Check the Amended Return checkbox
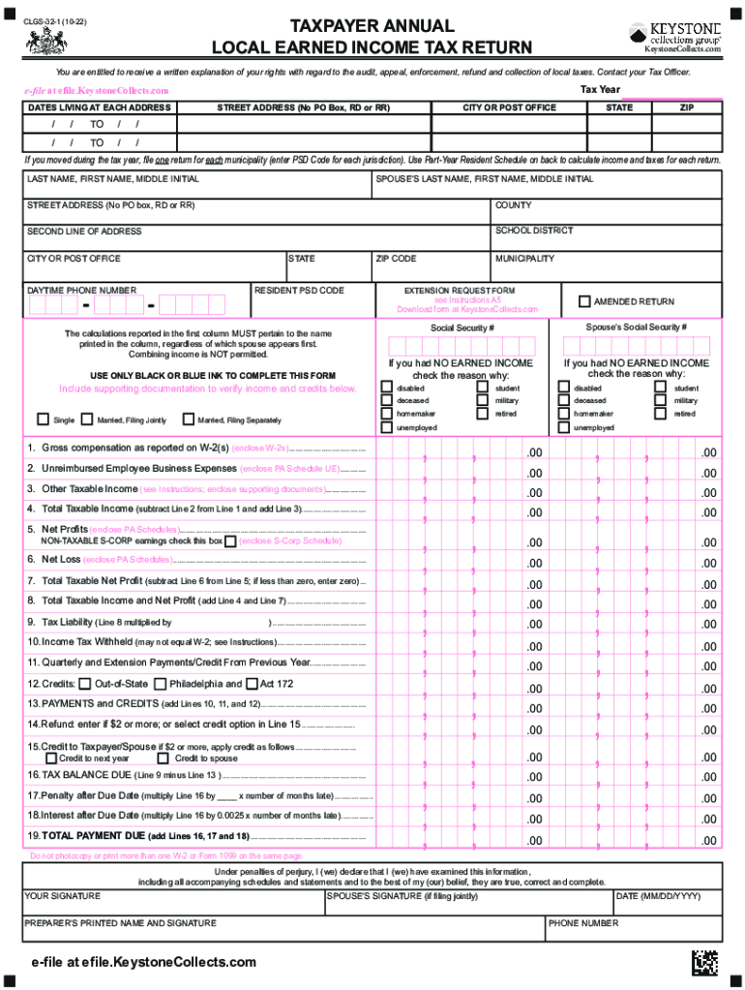pyautogui.click(x=583, y=301)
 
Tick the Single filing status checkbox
pyautogui.click(x=43, y=420)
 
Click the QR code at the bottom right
pyautogui.click(x=705, y=964)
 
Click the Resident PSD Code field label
pyautogui.click(x=299, y=290)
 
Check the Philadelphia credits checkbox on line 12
pyautogui.click(x=161, y=684)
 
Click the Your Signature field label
pyautogui.click(x=62, y=896)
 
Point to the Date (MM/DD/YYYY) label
pyautogui.click(x=657, y=896)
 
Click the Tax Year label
pyautogui.click(x=600, y=90)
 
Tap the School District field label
pyautogui.click(x=534, y=231)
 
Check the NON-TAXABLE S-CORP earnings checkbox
pyautogui.click(x=229, y=541)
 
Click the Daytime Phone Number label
pyautogui.click(x=81, y=290)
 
